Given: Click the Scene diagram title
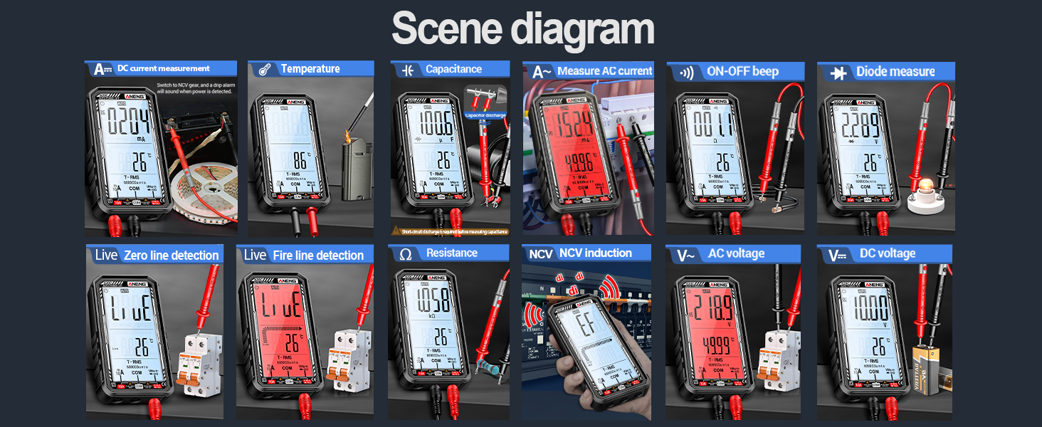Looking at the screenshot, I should [x=522, y=30].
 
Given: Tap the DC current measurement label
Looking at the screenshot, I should [x=164, y=68].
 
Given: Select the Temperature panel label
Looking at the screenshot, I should [x=310, y=69].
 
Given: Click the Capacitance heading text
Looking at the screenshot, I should [x=453, y=69].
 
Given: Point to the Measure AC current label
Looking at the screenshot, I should [x=604, y=71].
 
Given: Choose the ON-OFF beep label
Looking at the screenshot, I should [x=742, y=71].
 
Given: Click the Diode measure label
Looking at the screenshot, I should [x=895, y=71].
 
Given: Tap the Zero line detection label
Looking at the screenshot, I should [x=171, y=255].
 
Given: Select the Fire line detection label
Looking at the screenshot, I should [x=318, y=255].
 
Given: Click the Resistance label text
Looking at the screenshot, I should [x=452, y=253].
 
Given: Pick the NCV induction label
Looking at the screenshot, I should [x=595, y=253].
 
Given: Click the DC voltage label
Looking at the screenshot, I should [x=888, y=253].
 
